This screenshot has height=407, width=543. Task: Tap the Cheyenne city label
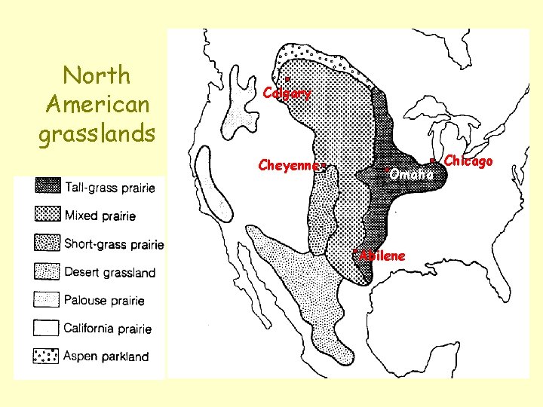tap(290, 164)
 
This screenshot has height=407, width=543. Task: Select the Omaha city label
tap(412, 174)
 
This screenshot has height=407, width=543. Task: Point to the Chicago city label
tap(468, 161)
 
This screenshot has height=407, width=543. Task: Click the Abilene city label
tap(382, 256)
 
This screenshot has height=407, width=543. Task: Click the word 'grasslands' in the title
tap(97, 133)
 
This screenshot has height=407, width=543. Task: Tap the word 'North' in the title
tap(97, 75)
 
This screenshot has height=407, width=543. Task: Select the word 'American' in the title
tap(97, 104)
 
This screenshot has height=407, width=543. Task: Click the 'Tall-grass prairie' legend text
tap(111, 188)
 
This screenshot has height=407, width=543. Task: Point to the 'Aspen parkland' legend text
tap(106, 357)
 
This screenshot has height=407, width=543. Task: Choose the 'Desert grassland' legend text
tap(109, 272)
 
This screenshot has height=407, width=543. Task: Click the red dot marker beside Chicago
tap(431, 161)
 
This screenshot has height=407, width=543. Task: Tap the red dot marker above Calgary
tap(287, 78)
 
